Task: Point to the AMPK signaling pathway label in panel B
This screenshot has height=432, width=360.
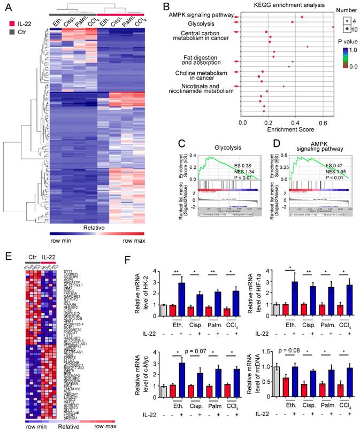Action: click(198, 16)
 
